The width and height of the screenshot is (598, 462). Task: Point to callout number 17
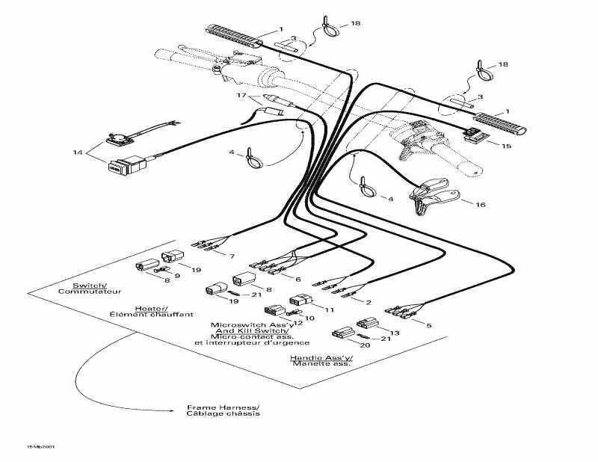[241, 96]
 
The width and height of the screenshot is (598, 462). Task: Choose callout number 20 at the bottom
[345, 345]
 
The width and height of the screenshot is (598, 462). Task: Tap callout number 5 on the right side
[428, 324]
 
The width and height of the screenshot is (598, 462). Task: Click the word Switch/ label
[89, 286]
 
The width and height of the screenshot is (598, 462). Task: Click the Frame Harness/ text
[223, 407]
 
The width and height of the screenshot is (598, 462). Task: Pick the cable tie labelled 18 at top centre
[328, 27]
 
